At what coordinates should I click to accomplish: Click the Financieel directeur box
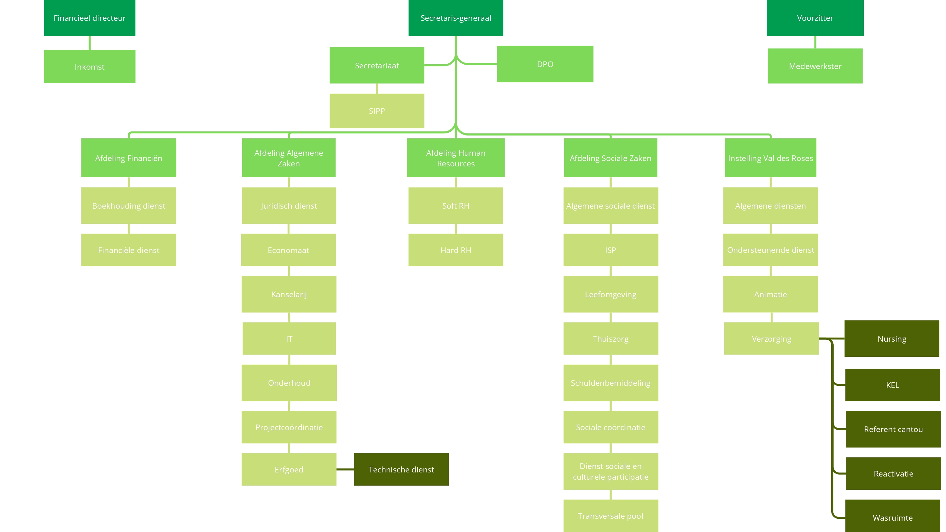[x=90, y=18]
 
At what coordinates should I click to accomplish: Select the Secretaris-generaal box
[x=455, y=18]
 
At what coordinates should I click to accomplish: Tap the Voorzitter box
[x=815, y=18]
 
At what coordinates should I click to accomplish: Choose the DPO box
[x=545, y=64]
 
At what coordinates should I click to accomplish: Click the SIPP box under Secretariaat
[x=377, y=111]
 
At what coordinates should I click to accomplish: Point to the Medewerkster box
[x=815, y=66]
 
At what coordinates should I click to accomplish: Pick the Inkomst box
[x=90, y=66]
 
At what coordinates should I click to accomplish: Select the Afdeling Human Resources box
[x=455, y=158]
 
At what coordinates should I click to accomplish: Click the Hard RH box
[x=455, y=250]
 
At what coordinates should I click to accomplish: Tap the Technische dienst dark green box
[x=401, y=469]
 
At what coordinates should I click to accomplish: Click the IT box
[x=289, y=338]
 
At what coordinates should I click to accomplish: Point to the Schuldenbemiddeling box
[x=610, y=383]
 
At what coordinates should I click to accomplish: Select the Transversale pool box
[x=610, y=516]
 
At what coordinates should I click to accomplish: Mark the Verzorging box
[x=771, y=338]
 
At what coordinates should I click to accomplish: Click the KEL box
[x=892, y=385]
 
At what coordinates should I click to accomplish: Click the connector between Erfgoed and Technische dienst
[x=345, y=469]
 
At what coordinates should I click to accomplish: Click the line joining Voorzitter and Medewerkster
[x=815, y=42]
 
